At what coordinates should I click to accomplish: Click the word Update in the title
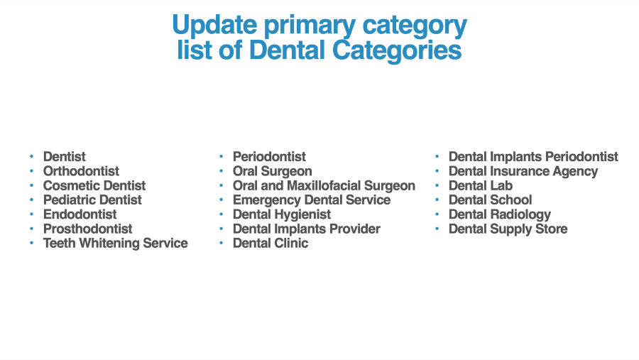click(214, 25)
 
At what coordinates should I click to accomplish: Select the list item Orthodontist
click(81, 171)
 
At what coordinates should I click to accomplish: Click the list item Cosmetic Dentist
click(94, 185)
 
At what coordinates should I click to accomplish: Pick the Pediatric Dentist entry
click(92, 200)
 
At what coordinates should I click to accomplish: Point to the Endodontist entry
click(80, 214)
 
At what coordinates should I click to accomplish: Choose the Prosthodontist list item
click(87, 229)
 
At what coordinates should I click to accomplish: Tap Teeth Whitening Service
click(115, 243)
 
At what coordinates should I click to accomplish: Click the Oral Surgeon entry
click(272, 171)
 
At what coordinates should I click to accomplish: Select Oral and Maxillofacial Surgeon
click(324, 185)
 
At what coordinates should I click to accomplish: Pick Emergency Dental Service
click(312, 200)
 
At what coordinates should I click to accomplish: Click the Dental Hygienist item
click(282, 214)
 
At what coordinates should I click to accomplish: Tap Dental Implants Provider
click(307, 229)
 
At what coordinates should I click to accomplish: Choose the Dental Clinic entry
click(271, 243)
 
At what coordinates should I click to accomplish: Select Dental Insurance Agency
click(523, 171)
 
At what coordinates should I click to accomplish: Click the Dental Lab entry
click(481, 185)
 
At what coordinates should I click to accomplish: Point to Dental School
click(490, 200)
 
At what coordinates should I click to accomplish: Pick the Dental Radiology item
click(500, 214)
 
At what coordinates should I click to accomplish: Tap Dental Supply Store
click(508, 229)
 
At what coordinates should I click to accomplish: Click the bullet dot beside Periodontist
click(222, 156)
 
